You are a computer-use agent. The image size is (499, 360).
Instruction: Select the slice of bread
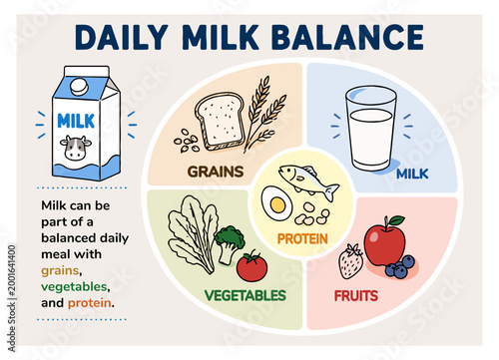point(222,122)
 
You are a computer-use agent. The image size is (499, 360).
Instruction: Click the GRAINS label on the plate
point(215,171)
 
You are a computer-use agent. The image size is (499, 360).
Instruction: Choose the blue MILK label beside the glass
point(411,174)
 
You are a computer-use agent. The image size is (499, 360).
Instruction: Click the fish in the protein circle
point(307,180)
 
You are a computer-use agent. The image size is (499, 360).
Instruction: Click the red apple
point(384,242)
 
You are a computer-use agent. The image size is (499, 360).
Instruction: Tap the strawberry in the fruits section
point(351,261)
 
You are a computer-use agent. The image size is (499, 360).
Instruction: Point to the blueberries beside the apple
point(400,266)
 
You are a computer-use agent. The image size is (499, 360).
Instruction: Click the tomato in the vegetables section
point(251,265)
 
